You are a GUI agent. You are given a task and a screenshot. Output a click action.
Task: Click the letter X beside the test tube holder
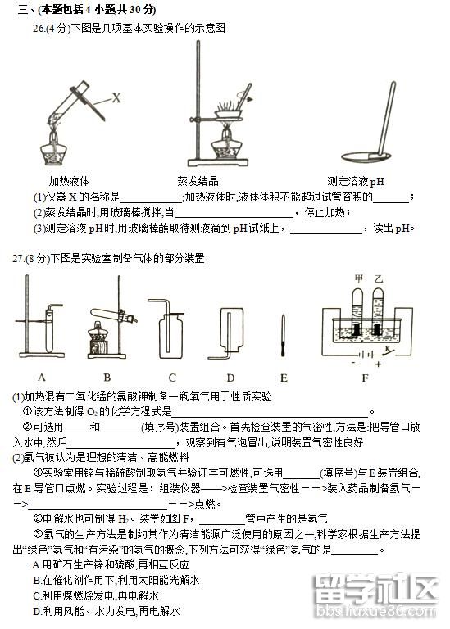[116, 97]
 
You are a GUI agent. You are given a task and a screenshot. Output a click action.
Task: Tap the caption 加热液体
[69, 181]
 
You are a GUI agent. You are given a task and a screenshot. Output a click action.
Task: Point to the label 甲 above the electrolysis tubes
[357, 278]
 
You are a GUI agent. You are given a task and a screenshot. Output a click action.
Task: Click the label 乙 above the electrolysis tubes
[378, 278]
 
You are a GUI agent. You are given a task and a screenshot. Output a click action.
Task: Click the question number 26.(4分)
[46, 28]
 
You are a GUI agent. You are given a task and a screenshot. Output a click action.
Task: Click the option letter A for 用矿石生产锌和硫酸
[36, 565]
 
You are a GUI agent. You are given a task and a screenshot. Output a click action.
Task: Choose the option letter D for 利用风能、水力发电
[36, 611]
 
